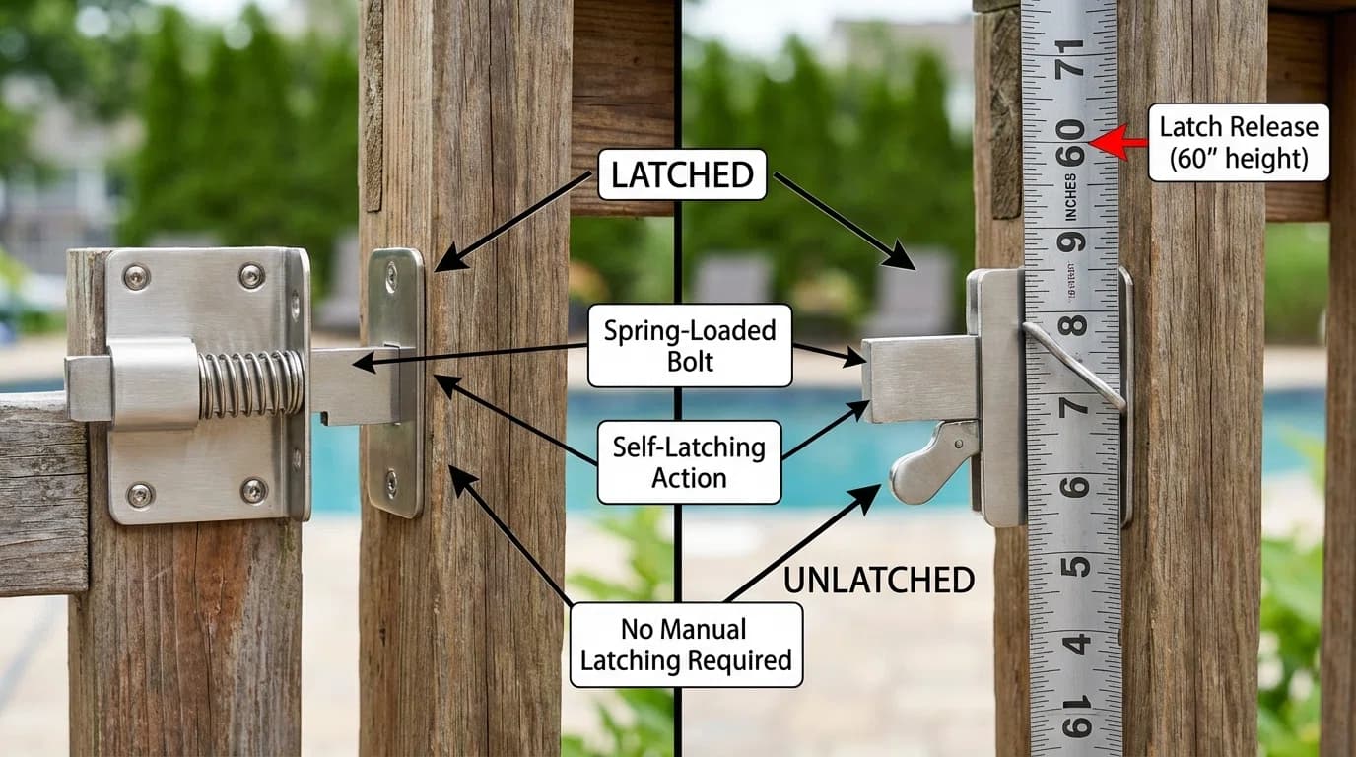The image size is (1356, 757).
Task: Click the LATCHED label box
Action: click(682, 175)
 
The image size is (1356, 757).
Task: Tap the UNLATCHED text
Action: click(879, 580)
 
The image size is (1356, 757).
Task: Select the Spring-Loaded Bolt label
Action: click(690, 345)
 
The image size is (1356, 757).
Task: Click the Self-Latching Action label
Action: click(689, 462)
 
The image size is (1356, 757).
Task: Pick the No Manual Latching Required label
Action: click(686, 645)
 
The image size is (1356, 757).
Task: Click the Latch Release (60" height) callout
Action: click(1239, 143)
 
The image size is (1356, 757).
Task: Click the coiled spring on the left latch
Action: click(251, 383)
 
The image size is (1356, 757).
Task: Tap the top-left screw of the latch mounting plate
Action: click(135, 277)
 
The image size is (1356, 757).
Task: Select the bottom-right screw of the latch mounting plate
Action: click(254, 490)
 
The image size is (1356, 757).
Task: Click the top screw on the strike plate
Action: click(391, 276)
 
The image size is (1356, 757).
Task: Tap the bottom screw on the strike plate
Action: click(391, 483)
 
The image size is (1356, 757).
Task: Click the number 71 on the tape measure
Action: click(1070, 60)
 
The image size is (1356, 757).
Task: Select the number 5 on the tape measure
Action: click(1077, 566)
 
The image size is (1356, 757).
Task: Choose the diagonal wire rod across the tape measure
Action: click(1075, 366)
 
